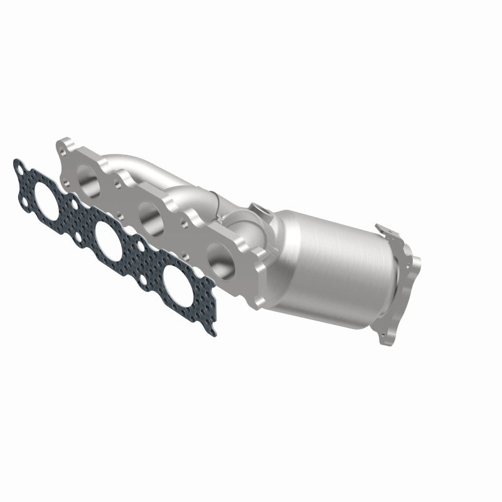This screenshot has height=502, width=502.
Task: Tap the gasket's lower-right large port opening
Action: point(177,280)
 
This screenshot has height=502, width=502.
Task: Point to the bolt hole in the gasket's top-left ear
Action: point(23,168)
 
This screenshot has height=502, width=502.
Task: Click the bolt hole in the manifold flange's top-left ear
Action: point(66,149)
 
